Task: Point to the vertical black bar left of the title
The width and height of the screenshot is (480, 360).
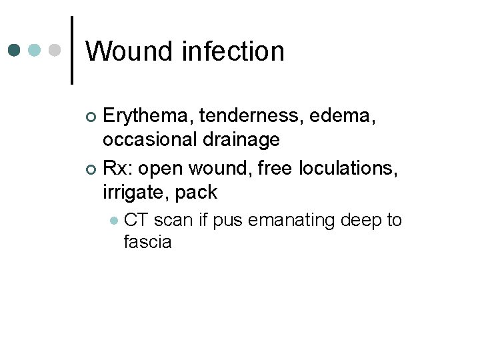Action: pyautogui.click(x=72, y=50)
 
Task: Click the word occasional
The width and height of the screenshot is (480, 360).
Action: pyautogui.click(x=149, y=139)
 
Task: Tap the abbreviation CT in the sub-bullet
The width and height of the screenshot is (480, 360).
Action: pyautogui.click(x=136, y=220)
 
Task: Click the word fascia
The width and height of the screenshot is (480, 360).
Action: pyautogui.click(x=147, y=241)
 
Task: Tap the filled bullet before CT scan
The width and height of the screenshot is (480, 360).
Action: pyautogui.click(x=115, y=220)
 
